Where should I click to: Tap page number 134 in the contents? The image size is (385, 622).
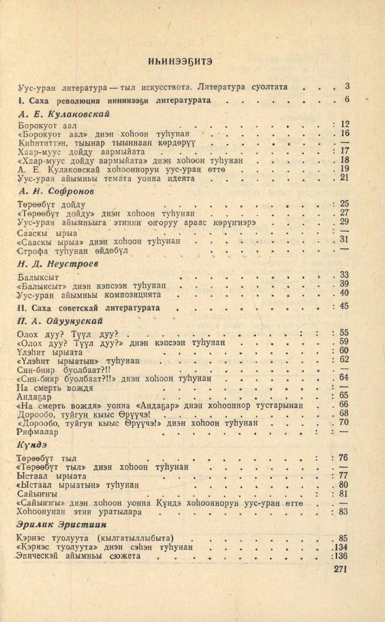pyautogui.click(x=340, y=547)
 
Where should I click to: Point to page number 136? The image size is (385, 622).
pyautogui.click(x=340, y=556)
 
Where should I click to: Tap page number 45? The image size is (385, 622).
pyautogui.click(x=343, y=306)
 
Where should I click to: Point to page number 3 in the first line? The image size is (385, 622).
pyautogui.click(x=347, y=86)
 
